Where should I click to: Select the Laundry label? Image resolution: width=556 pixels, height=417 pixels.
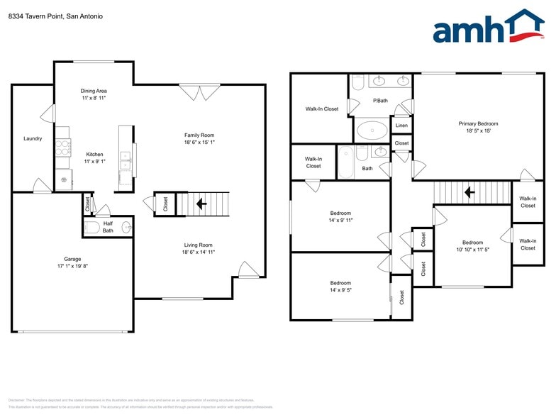coord(33,138)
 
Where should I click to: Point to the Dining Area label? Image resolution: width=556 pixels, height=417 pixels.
coord(93,91)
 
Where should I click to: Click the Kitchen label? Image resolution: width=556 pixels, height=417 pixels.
coord(94,154)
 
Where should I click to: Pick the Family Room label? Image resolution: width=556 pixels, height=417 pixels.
coord(199,135)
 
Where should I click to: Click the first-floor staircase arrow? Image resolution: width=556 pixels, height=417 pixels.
coord(201,204)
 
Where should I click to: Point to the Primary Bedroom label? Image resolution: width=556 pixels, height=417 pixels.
coord(478,123)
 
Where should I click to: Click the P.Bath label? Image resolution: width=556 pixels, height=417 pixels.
coord(380,101)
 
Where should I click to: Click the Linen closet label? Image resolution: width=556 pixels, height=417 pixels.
coord(401,126)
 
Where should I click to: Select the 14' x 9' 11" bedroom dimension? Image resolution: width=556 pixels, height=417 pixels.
coord(340,220)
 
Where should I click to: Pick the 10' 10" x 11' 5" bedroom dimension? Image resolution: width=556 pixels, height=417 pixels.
coord(472,250)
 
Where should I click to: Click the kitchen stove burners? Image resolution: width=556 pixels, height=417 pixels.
coord(63,147)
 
